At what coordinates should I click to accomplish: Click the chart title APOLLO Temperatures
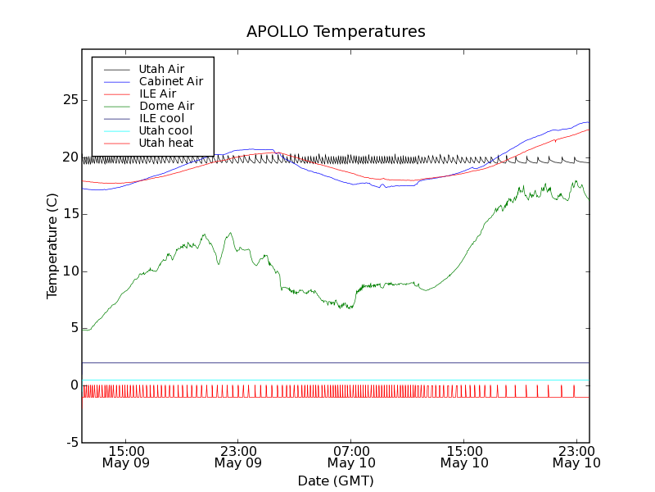(336, 32)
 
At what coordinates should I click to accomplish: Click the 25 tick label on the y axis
(70, 100)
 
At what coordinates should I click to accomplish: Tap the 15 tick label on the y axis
(70, 214)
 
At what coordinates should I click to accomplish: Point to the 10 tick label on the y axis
(70, 271)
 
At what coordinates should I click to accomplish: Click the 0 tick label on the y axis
(74, 385)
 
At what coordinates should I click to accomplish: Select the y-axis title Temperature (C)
(52, 246)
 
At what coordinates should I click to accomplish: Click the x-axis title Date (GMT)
(336, 481)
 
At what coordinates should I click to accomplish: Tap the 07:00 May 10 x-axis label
(351, 457)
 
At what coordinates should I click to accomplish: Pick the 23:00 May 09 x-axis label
(238, 457)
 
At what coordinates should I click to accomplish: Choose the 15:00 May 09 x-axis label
(125, 457)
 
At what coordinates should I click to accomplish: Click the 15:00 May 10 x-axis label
(464, 457)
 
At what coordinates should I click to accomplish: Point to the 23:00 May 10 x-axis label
(577, 457)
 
